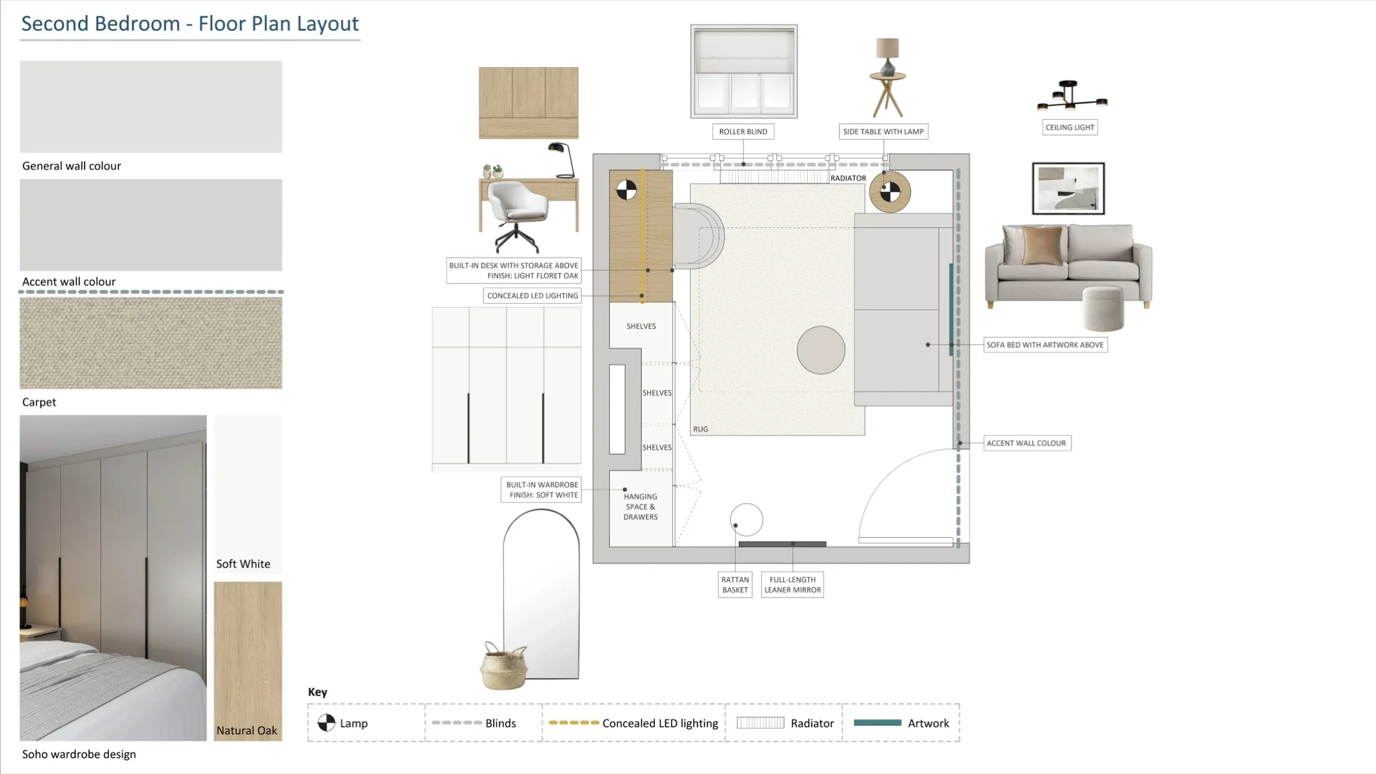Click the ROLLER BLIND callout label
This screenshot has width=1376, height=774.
[743, 132]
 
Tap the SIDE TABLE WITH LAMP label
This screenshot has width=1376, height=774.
[883, 132]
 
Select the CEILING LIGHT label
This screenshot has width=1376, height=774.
[1070, 127]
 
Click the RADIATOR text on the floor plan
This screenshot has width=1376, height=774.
[848, 178]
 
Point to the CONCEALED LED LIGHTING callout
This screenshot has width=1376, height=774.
[533, 296]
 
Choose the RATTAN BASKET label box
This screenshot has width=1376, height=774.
[735, 585]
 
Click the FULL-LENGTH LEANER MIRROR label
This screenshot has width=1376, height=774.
[792, 585]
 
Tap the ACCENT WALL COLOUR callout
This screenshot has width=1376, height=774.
[1027, 443]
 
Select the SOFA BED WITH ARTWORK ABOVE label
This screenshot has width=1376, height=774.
[1045, 345]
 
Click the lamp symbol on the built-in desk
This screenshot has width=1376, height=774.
[626, 190]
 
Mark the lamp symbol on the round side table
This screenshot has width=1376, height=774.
[890, 192]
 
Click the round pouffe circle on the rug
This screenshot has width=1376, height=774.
[821, 350]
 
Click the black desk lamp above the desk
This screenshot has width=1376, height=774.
[561, 160]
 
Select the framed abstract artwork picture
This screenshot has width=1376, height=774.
[1068, 189]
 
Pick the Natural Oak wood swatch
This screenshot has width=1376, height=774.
[248, 661]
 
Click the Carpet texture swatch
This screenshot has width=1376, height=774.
[151, 343]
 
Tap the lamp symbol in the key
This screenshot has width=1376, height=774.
[326, 722]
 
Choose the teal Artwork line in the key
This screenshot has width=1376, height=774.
[877, 722]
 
